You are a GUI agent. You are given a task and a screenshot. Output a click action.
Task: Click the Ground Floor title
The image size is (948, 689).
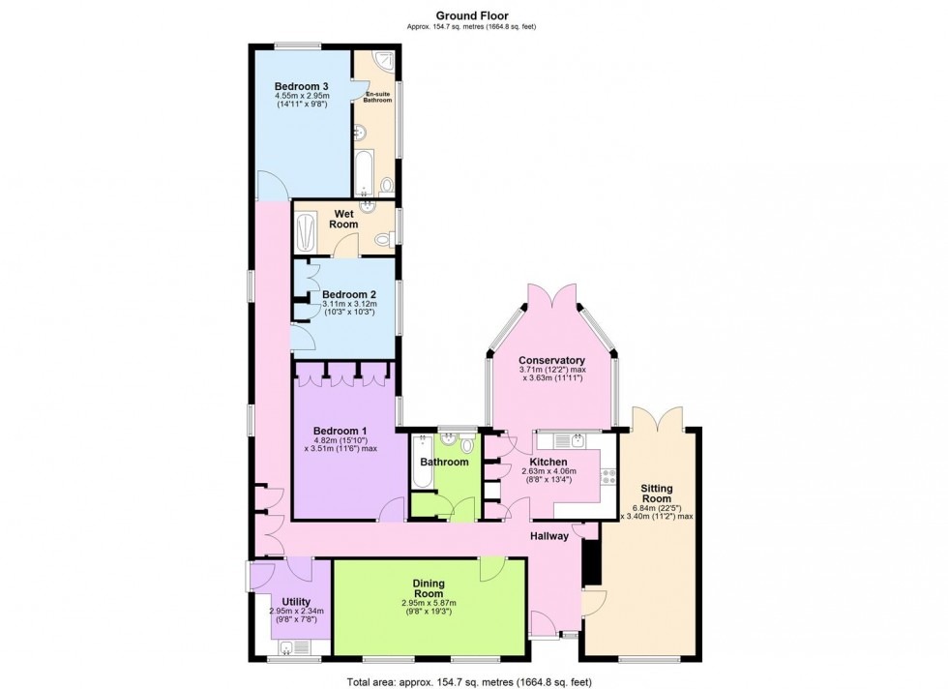(x=472, y=15)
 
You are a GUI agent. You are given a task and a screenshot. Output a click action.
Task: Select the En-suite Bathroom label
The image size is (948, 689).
(x=377, y=97)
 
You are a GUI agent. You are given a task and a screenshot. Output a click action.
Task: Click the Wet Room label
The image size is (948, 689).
(x=343, y=219)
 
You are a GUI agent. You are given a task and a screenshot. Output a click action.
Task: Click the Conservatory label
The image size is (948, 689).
(x=552, y=361)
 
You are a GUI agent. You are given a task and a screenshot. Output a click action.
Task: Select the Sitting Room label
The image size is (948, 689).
(x=657, y=494)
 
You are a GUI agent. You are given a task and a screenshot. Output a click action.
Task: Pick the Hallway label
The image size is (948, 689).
(x=549, y=536)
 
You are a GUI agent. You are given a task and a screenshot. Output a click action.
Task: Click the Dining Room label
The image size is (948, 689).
(x=429, y=588)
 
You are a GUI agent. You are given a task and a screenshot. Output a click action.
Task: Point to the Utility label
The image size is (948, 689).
(x=296, y=602)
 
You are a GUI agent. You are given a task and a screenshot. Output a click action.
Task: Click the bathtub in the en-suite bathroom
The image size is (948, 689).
(x=365, y=173)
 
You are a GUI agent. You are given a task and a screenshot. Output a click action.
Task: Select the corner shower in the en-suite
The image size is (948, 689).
(x=384, y=62)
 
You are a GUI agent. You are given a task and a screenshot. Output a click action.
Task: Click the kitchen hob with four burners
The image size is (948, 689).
(x=607, y=476)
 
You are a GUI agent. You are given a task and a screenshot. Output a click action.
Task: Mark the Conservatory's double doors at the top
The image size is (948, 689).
(x=552, y=296)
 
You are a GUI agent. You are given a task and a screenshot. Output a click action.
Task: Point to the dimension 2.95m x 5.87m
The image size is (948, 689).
(x=429, y=603)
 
